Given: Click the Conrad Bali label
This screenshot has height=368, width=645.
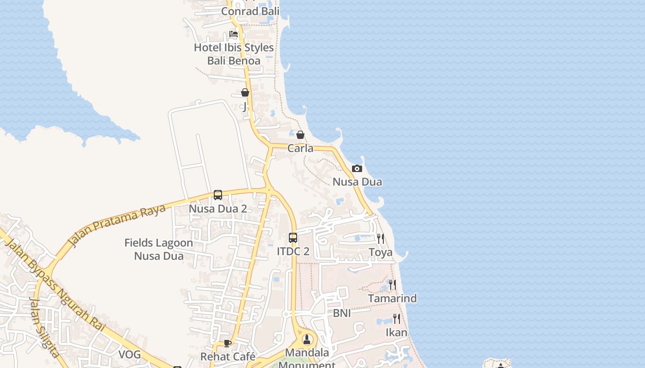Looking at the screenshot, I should [250, 11].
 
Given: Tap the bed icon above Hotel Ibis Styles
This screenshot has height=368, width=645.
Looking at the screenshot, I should [234, 34].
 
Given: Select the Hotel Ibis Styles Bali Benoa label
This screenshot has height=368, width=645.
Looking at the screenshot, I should [234, 54].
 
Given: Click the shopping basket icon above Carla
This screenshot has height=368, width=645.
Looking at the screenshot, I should [300, 135].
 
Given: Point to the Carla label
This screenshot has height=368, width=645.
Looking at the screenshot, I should [300, 148].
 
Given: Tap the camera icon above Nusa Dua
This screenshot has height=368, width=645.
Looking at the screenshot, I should [357, 169].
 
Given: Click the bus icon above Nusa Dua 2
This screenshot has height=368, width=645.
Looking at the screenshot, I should [218, 195].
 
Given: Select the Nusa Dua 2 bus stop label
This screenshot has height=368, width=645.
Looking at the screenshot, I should [218, 209].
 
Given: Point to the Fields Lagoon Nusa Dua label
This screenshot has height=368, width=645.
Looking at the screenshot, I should [159, 249].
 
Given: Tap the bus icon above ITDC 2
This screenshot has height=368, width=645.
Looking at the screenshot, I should [293, 238].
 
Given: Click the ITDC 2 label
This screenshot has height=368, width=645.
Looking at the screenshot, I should [293, 252].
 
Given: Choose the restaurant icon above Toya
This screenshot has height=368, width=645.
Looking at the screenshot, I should [381, 238].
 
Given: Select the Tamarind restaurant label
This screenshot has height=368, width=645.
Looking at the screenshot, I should [393, 299].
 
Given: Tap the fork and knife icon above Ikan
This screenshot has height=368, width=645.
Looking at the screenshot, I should [396, 318].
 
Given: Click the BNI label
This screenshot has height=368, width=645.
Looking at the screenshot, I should [342, 313].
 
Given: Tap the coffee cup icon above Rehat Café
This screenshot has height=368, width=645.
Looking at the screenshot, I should [228, 343].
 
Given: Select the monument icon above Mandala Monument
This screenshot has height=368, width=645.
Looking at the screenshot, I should [307, 339].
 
